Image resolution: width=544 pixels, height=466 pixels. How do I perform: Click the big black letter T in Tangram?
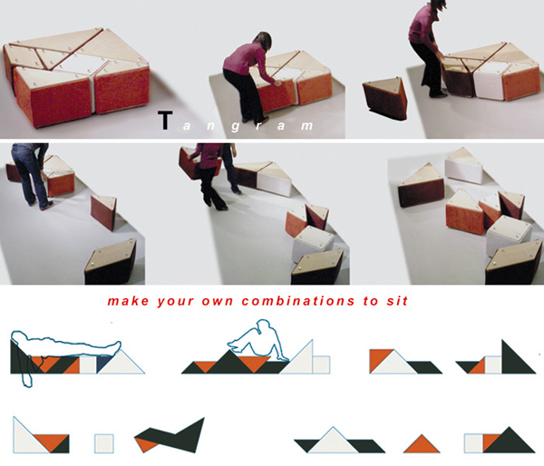coord(165,120)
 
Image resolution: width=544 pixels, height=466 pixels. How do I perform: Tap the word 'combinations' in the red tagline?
coord(298,300)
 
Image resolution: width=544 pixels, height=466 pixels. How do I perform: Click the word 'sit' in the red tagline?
coord(397,300)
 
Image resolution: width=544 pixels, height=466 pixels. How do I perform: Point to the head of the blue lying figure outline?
coord(19,337)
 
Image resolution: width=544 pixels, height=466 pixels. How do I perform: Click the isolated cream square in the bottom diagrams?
coord(104,443)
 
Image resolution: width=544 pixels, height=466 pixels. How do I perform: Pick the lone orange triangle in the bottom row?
coord(422,446)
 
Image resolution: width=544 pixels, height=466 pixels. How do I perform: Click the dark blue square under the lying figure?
coord(102,364)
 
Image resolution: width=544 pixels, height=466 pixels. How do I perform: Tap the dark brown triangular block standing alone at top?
coord(386,99)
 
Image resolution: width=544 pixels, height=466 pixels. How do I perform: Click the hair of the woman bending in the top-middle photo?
coord(264,42)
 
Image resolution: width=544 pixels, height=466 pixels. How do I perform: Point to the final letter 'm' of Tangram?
coord(306,126)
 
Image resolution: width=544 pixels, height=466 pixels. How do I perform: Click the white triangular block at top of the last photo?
coord(464,167)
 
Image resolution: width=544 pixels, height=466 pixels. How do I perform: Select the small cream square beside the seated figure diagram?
coord(321,364)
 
